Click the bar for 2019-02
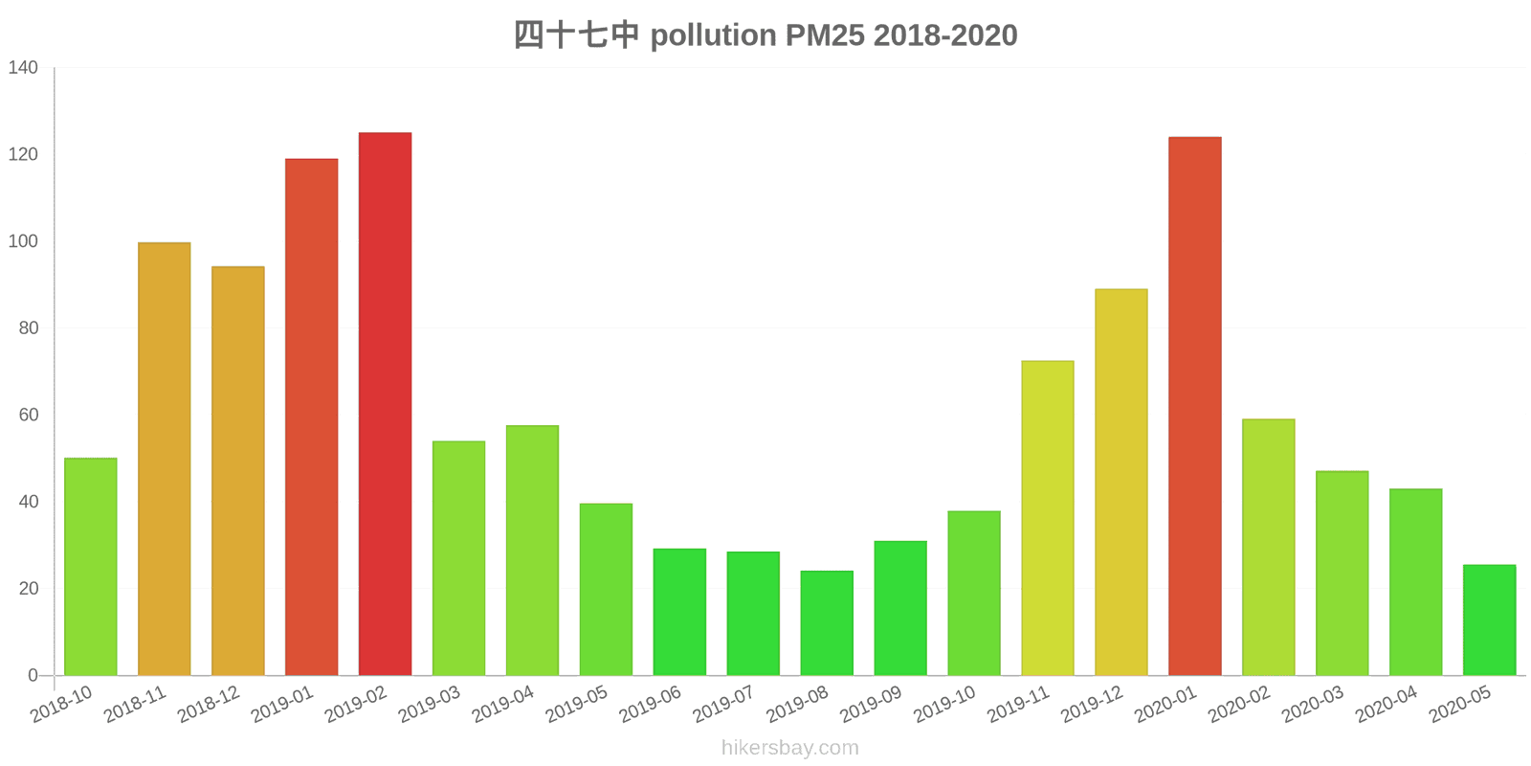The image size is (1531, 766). pos(385,404)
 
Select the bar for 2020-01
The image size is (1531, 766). pos(1194,406)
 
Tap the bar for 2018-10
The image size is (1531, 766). pos(90,567)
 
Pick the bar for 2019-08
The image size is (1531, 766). pos(827,623)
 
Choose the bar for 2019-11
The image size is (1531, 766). pos(1047,518)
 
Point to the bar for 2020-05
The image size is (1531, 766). pos(1489,620)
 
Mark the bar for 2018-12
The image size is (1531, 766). pos(237,471)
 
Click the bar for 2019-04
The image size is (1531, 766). pos(532,551)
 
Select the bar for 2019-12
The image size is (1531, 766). pos(1121,483)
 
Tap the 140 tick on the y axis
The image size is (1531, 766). pos(23,68)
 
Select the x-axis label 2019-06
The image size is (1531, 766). pos(650,705)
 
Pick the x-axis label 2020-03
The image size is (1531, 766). pos(1313,705)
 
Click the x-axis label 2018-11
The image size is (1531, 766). pos(135,705)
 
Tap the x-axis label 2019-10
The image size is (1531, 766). pos(944,705)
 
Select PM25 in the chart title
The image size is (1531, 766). pos(825,35)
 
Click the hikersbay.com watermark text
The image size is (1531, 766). pos(790,748)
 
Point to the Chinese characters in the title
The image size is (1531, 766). pos(576,35)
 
